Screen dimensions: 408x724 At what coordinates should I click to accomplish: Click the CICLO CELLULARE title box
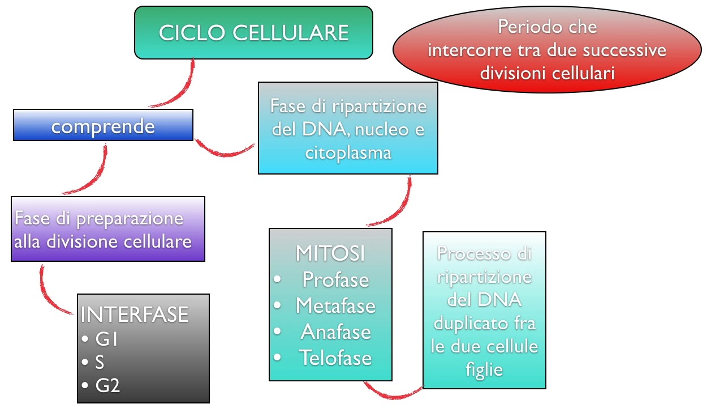253,32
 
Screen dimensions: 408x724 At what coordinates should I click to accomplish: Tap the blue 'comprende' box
103,125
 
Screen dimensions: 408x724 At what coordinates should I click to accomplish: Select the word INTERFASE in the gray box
135,314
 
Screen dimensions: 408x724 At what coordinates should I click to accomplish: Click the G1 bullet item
106,339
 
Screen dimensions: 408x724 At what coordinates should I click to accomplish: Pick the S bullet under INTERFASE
100,362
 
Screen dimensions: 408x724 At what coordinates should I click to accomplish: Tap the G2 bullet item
107,385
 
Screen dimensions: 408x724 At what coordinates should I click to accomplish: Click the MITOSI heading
330,253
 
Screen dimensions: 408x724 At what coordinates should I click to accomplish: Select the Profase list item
335,279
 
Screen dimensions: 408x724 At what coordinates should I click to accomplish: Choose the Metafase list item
335,305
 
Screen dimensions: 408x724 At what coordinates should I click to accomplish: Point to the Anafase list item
335,331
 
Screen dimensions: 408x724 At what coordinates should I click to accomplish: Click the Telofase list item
335,358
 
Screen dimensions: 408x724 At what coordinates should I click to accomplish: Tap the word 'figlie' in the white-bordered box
484,369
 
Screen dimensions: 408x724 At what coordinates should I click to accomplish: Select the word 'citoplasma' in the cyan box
348,152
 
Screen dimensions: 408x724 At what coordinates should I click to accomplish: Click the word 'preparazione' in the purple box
130,219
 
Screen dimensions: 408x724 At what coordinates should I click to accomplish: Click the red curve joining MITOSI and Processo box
393,393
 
